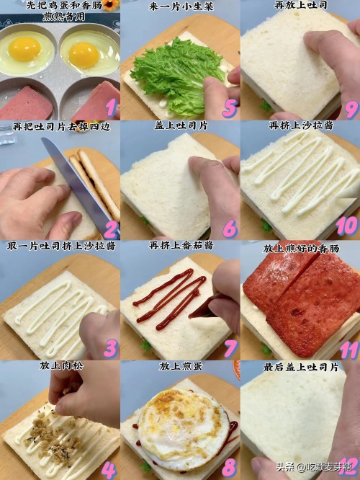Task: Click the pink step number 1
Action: [x=110, y=107]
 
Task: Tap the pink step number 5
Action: [x=230, y=108]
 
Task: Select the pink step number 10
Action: [x=347, y=226]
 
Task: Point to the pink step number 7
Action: [x=230, y=348]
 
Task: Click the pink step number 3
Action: [x=110, y=349]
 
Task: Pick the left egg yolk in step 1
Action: [x=24, y=49]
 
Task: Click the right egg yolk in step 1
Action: [x=84, y=55]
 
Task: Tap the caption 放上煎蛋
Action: [x=181, y=366]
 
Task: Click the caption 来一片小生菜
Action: [x=181, y=6]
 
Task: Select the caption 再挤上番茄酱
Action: [x=181, y=246]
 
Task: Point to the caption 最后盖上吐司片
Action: [x=301, y=367]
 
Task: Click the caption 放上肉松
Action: [x=61, y=365]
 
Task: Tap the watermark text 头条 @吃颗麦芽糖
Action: [x=316, y=468]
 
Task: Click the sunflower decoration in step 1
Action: [x=111, y=5]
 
